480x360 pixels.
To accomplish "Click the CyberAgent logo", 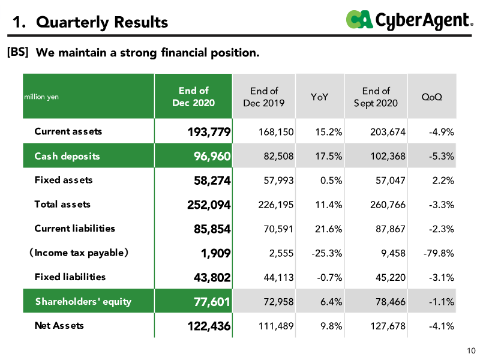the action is (410, 20).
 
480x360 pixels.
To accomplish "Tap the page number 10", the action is (471, 351).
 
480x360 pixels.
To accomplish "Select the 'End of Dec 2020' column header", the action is (193, 97).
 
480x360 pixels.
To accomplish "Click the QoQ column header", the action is (431, 97).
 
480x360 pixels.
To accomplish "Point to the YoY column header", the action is (319, 97).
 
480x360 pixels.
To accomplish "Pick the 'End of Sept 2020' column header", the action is (376, 97).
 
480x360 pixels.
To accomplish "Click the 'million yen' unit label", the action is (41, 97).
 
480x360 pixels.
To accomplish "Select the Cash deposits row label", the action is (67, 156).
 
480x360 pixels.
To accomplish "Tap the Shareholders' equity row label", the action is (83, 302).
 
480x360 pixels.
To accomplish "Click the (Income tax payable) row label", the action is (79, 253).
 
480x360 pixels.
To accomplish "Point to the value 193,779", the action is (209, 132).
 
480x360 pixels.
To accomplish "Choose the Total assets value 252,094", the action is (209, 205).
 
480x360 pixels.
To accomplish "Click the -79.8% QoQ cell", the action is (439, 253).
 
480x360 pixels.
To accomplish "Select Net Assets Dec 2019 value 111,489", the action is (276, 326).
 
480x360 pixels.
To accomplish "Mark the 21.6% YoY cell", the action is (328, 229).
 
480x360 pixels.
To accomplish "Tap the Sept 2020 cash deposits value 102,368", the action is (388, 156).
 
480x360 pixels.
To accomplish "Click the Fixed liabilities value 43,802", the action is (212, 278).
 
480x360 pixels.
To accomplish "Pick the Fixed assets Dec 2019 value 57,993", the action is (278, 181).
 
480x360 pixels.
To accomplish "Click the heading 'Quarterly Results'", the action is (102, 22).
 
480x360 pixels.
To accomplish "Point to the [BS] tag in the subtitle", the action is (18, 52).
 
